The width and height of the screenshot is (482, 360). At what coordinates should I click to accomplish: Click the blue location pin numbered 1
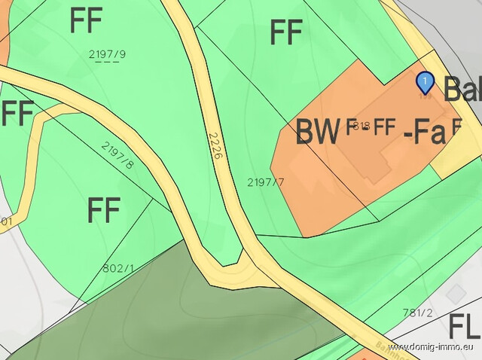pyautogui.click(x=426, y=81)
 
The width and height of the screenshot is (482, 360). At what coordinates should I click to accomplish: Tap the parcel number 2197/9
pyautogui.click(x=107, y=53)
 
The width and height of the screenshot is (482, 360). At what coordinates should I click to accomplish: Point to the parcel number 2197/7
pyautogui.click(x=266, y=182)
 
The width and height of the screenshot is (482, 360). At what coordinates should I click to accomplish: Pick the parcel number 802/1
pyautogui.click(x=118, y=267)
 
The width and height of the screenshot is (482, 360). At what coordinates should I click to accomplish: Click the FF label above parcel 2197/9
pyautogui.click(x=86, y=21)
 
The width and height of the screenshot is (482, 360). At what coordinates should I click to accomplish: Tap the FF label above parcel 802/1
pyautogui.click(x=104, y=210)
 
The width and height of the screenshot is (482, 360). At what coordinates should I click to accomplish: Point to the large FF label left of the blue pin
pyautogui.click(x=286, y=32)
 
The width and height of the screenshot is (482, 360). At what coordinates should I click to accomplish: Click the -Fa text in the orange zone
pyautogui.click(x=425, y=133)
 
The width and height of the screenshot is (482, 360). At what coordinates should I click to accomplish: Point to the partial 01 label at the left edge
pyautogui.click(x=6, y=221)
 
